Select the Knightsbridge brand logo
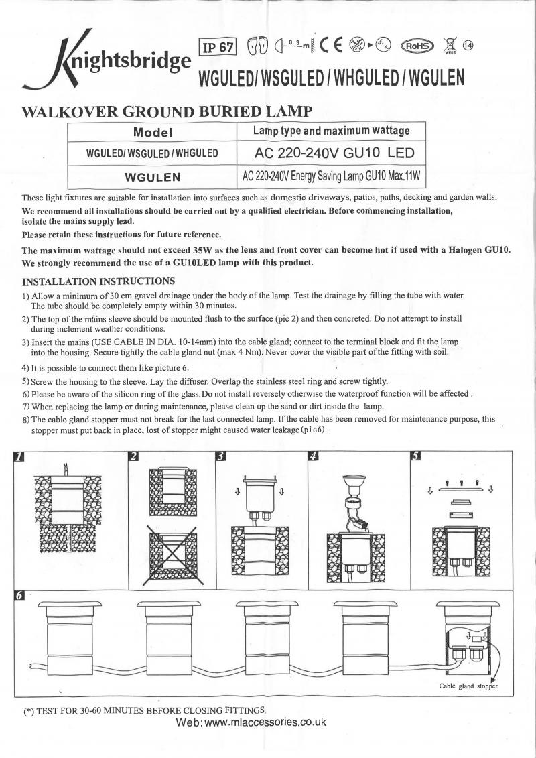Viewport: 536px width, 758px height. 107,60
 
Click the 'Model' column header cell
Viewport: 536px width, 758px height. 153,132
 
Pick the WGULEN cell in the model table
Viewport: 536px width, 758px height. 153,178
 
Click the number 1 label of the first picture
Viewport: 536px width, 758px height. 20,457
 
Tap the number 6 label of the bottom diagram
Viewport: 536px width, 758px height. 20,595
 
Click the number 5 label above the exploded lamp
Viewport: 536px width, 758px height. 416,457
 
